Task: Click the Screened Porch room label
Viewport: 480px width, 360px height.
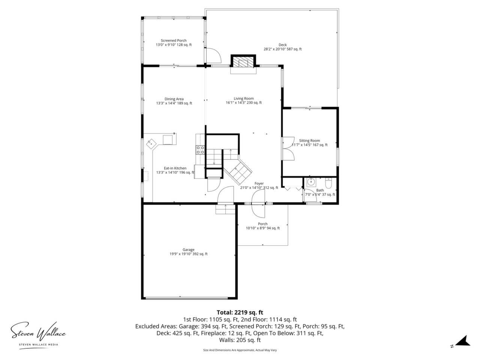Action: [x=174, y=43]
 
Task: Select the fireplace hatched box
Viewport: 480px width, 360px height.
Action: [x=243, y=61]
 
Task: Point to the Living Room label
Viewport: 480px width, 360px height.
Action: [x=244, y=100]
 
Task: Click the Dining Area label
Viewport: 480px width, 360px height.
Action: [x=174, y=101]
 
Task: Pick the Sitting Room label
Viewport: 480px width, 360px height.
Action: [x=309, y=143]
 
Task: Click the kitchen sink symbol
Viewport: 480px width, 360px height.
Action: [x=152, y=144]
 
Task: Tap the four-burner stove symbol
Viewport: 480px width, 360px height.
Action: [x=200, y=150]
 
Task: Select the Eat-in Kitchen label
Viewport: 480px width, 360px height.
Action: [x=175, y=170]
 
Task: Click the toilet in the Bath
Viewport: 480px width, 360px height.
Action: [x=328, y=183]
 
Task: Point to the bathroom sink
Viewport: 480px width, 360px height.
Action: [x=311, y=182]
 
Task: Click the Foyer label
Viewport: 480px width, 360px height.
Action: [x=259, y=186]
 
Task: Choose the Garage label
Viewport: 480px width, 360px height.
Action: [x=189, y=252]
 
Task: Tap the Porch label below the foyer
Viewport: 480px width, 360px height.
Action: [x=262, y=226]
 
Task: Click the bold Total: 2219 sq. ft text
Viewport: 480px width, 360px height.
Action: [x=240, y=312]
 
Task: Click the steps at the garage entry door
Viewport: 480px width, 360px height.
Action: [x=225, y=209]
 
